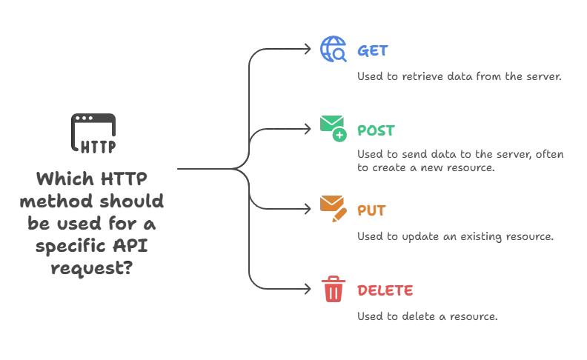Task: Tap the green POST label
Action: tap(377, 130)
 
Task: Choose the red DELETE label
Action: tap(385, 290)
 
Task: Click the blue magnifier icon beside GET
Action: tap(333, 50)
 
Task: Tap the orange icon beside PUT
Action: tap(333, 209)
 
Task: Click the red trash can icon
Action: tap(334, 288)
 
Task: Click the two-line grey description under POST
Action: tap(460, 161)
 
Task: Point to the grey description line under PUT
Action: tap(456, 238)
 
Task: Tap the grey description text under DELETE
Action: tap(425, 319)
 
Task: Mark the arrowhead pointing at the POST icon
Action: tap(310, 130)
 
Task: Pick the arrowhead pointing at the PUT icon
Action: tap(310, 210)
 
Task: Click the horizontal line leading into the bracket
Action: tap(204, 170)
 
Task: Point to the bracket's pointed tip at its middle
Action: tap(239, 170)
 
